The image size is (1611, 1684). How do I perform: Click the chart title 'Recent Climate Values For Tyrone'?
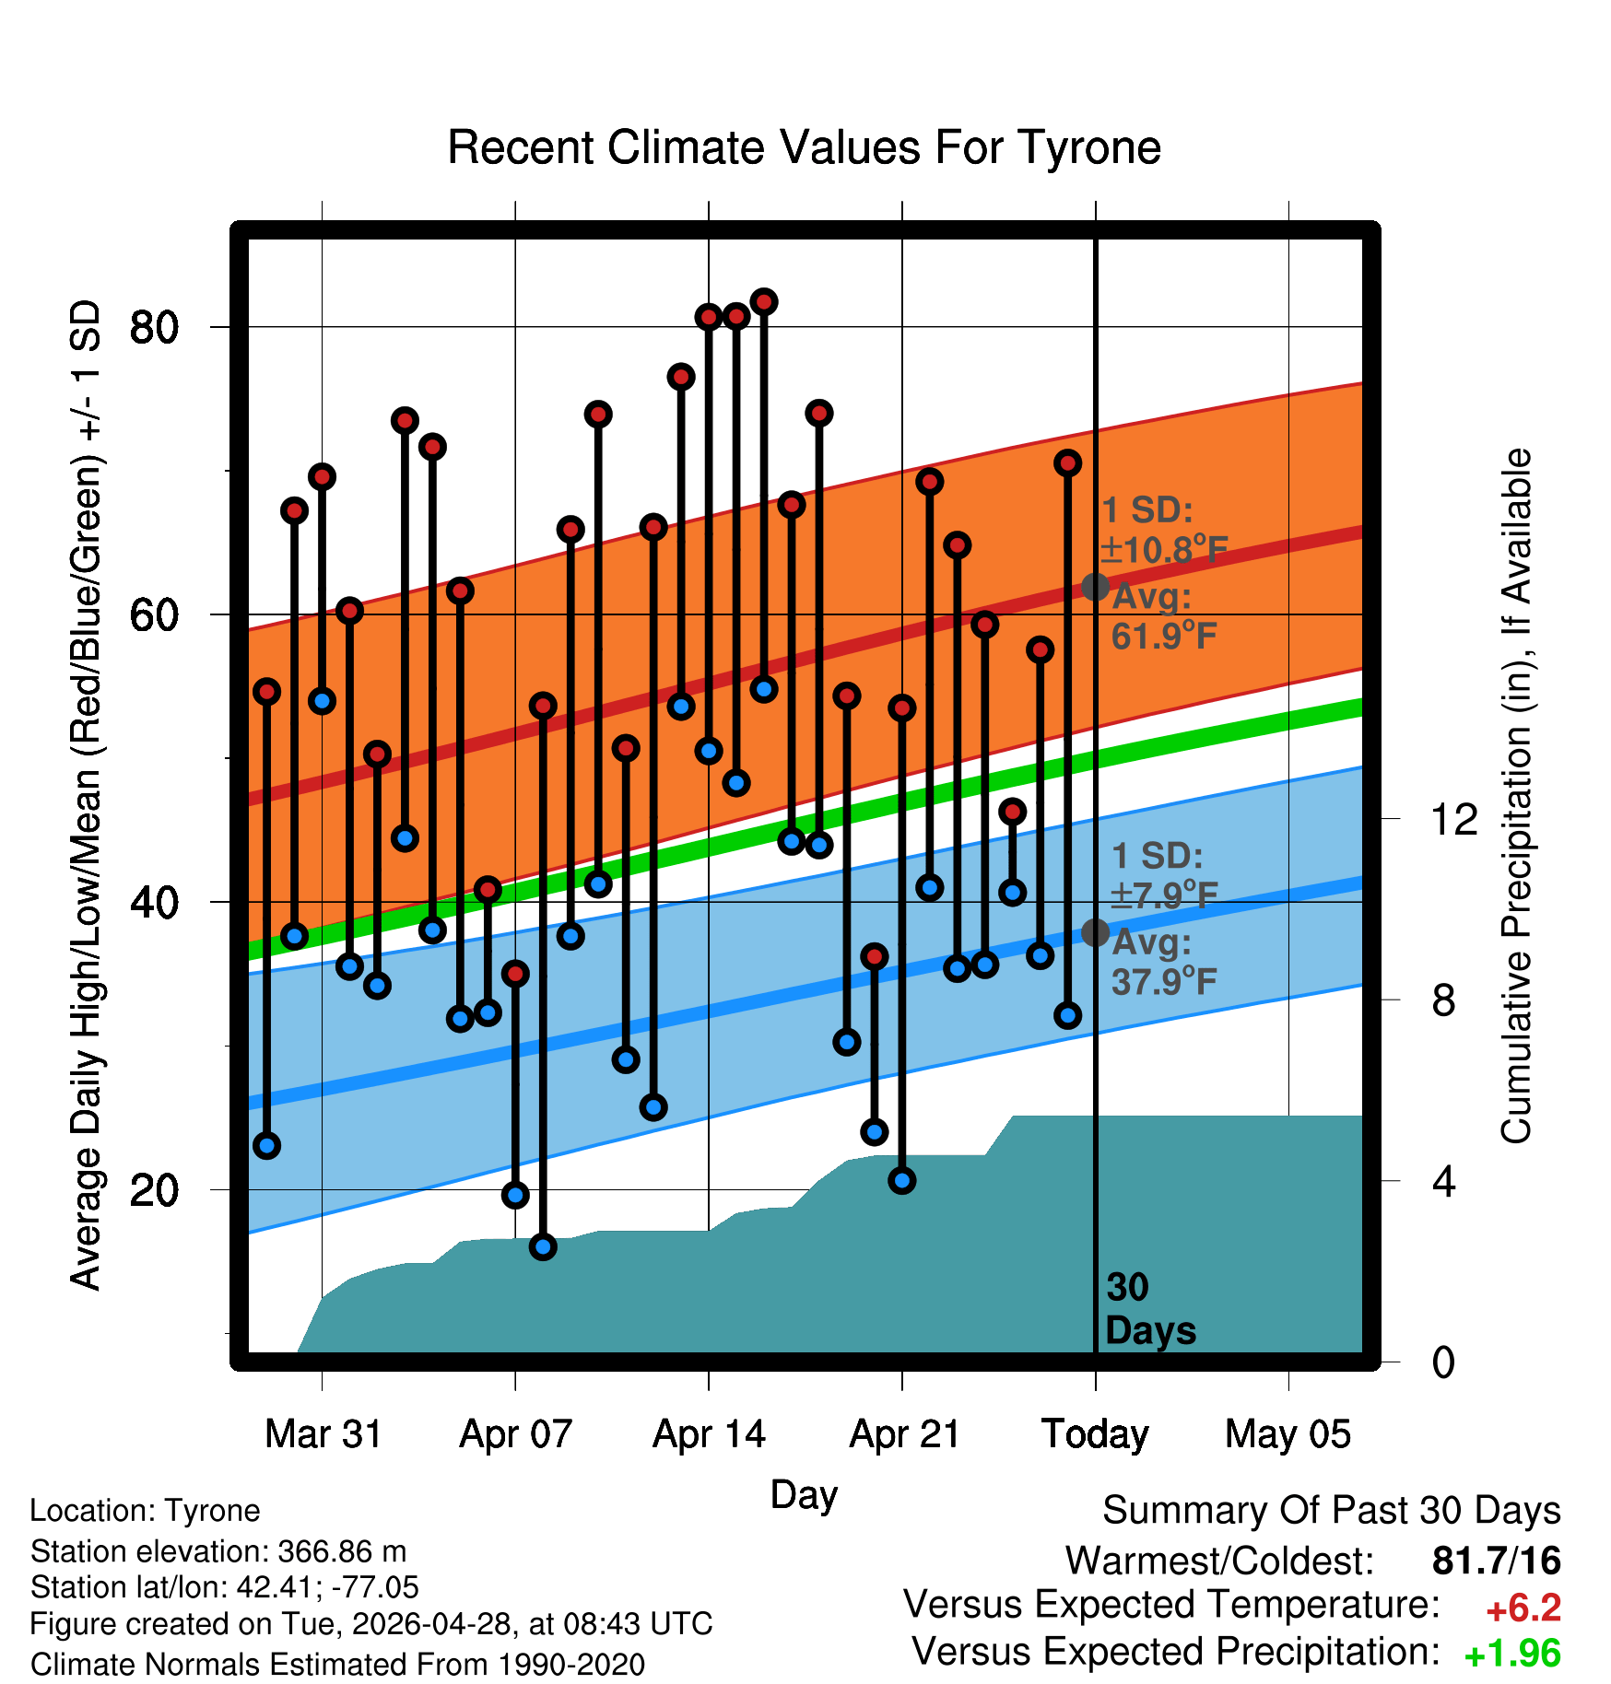(x=804, y=147)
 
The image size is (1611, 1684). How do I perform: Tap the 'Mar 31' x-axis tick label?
(x=323, y=1434)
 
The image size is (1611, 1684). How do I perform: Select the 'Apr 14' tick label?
(x=709, y=1434)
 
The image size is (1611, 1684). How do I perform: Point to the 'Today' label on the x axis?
(x=1095, y=1434)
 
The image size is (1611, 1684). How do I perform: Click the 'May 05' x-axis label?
(x=1288, y=1434)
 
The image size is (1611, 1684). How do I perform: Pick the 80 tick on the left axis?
(x=154, y=327)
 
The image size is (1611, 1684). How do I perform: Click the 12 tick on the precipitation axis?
(x=1454, y=819)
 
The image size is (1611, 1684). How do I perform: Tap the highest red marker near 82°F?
(x=764, y=301)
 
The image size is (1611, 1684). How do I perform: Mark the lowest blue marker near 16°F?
(x=543, y=1246)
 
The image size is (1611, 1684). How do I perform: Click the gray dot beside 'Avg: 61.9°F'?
(x=1095, y=586)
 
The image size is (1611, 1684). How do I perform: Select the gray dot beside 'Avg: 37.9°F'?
(x=1095, y=932)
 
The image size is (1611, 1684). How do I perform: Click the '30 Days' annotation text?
(x=1150, y=1309)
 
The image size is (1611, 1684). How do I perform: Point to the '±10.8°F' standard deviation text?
(x=1164, y=550)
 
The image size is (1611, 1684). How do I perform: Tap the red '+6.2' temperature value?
(x=1523, y=1608)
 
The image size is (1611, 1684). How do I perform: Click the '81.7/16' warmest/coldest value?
(x=1497, y=1561)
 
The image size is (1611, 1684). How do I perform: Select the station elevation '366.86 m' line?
(x=218, y=1551)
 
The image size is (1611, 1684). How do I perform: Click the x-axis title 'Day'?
(x=804, y=1494)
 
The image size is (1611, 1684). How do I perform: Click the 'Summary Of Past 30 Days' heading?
(x=1332, y=1511)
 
